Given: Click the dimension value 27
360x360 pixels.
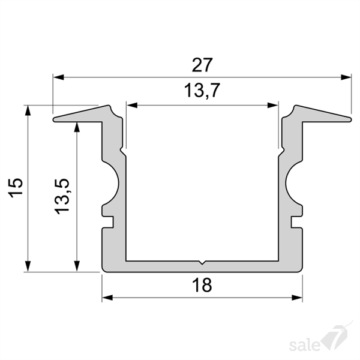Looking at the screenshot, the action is pyautogui.click(x=202, y=65).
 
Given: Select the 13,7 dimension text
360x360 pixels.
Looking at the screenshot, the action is pyautogui.click(x=202, y=91).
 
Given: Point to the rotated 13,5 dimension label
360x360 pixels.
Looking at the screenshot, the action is pyautogui.click(x=62, y=197).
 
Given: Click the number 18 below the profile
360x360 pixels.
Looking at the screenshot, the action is pyautogui.click(x=202, y=285).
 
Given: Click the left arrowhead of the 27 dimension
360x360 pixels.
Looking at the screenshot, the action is pyautogui.click(x=58, y=77).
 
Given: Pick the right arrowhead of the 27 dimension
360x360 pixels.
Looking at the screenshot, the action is pyautogui.click(x=346, y=77).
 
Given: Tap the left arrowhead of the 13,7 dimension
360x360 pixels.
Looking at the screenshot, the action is pyautogui.click(x=132, y=106).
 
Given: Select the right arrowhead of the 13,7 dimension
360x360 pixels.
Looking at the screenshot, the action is pyautogui.click(x=273, y=106).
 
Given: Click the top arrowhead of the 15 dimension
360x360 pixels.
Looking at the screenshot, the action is pyautogui.click(x=28, y=110).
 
